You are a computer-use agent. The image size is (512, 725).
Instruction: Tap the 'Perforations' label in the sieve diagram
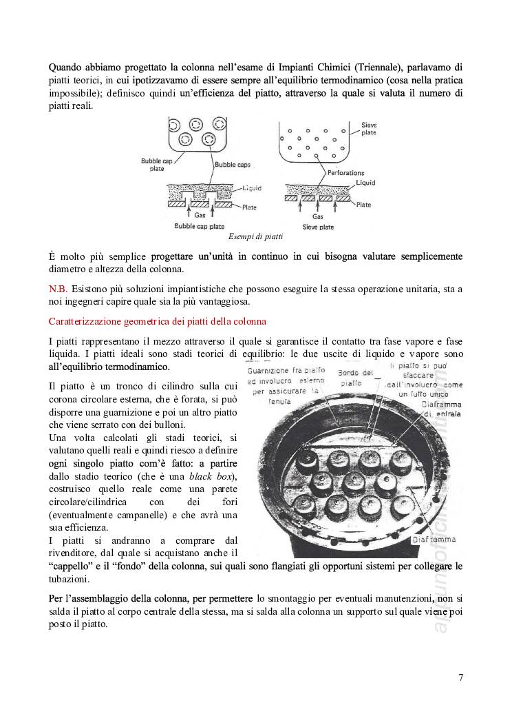tap(345, 173)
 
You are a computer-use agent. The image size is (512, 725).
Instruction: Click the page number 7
tap(460, 677)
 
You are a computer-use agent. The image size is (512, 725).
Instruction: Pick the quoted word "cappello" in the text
tap(71, 566)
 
